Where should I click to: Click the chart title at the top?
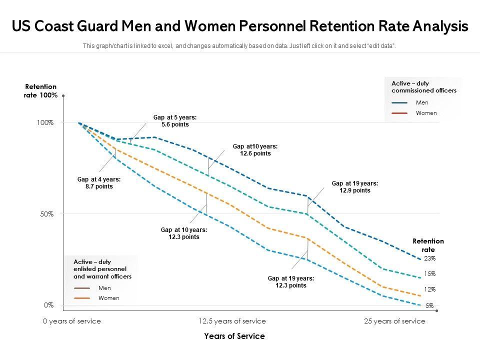[240, 26]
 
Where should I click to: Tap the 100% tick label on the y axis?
[44, 122]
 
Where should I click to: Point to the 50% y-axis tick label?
[46, 214]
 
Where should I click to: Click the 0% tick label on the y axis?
[48, 305]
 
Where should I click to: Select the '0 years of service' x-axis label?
[72, 321]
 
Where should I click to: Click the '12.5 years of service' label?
[232, 321]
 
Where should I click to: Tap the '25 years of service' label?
[394, 321]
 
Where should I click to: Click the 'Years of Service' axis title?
[234, 336]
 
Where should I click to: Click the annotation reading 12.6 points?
[255, 150]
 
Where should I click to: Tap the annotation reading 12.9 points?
[354, 186]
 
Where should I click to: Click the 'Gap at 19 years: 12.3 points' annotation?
[290, 282]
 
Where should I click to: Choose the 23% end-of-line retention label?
[430, 258]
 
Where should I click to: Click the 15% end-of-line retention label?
[430, 274]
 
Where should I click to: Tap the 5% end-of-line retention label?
[429, 305]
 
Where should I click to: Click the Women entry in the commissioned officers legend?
[426, 113]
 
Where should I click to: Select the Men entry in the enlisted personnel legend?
[104, 288]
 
